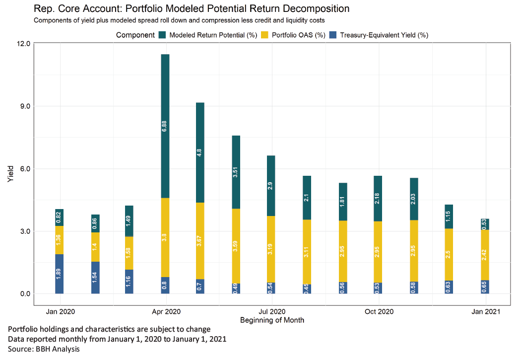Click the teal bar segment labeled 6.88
(165, 126)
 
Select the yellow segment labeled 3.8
(165, 237)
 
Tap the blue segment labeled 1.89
(60, 274)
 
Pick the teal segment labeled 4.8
(200, 152)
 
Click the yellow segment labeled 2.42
(485, 255)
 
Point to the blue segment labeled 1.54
(95, 278)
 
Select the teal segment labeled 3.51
(236, 172)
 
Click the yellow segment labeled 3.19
(271, 249)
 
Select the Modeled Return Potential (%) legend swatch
(162, 35)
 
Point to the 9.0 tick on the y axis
(23, 106)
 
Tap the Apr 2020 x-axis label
(165, 312)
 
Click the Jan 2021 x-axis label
(485, 312)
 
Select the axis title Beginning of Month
(272, 320)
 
